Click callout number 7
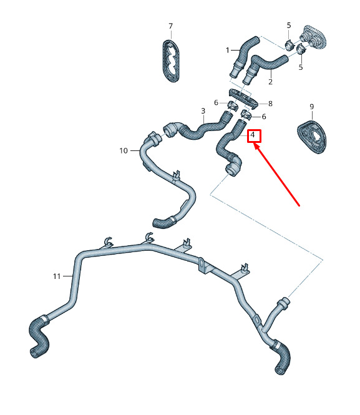pyautogui.click(x=170, y=26)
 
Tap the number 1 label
pyautogui.click(x=228, y=50)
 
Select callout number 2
pyautogui.click(x=270, y=82)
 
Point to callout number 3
pyautogui.click(x=203, y=111)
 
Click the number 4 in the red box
pyautogui.click(x=253, y=135)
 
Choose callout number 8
pyautogui.click(x=270, y=104)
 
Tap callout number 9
pyautogui.click(x=312, y=107)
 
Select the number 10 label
pyautogui.click(x=124, y=150)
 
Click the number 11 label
pyautogui.click(x=57, y=276)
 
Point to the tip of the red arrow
pyautogui.click(x=255, y=145)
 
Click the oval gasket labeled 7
pyautogui.click(x=170, y=61)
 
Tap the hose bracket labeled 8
pyautogui.click(x=243, y=99)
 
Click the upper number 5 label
pyautogui.click(x=289, y=26)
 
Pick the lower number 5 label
pyautogui.click(x=301, y=67)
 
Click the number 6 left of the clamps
pyautogui.click(x=216, y=103)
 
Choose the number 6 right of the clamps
pyautogui.click(x=264, y=117)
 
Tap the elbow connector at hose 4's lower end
pyautogui.click(x=233, y=166)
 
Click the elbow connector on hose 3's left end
pyautogui.click(x=171, y=130)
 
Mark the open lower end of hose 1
pyautogui.click(x=233, y=74)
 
